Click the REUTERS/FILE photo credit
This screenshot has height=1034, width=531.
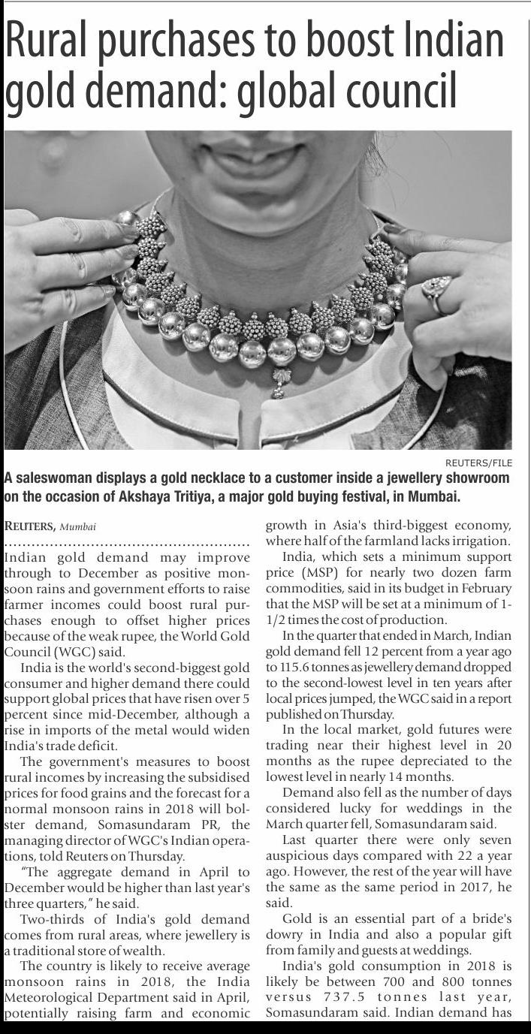[x=478, y=463]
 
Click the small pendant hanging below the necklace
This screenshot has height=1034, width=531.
[x=279, y=382]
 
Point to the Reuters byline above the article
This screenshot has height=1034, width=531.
[x=29, y=526]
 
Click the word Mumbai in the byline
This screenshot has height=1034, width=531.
[x=78, y=526]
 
